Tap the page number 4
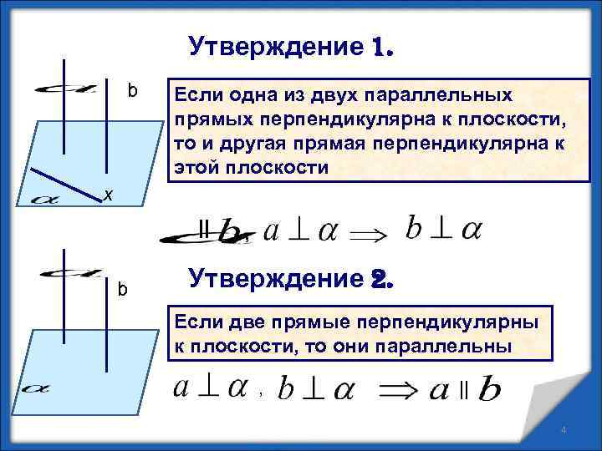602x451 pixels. click(x=564, y=430)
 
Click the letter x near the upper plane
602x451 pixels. click(x=107, y=195)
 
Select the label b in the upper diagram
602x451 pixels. click(x=132, y=89)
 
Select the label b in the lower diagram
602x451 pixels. click(x=122, y=290)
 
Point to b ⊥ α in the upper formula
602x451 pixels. click(x=442, y=228)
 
